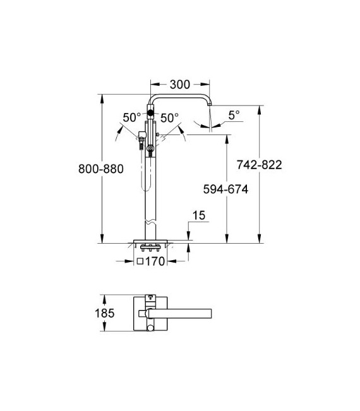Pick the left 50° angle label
point(131,117)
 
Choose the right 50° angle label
point(169,117)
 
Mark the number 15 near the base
point(199,216)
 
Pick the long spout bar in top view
point(183,312)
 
